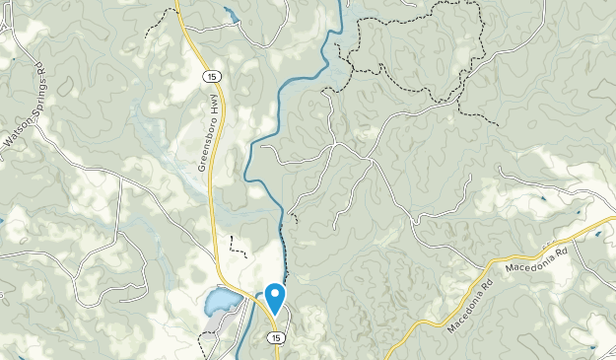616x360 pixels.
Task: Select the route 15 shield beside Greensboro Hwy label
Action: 210,77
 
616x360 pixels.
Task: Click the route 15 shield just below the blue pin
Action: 276,337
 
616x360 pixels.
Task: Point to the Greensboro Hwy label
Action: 207,133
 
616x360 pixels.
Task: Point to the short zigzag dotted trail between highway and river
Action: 236,246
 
